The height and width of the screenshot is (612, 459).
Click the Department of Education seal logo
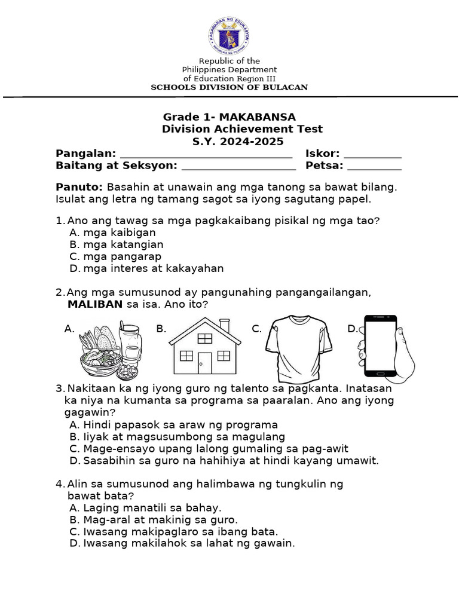(x=229, y=34)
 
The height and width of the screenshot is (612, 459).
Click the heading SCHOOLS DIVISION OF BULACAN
(x=229, y=87)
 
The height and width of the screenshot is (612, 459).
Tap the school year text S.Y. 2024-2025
(x=229, y=142)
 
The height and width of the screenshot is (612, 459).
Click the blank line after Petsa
(x=374, y=167)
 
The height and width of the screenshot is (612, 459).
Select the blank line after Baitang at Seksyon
(x=235, y=167)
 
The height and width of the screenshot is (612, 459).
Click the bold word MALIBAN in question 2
(x=95, y=304)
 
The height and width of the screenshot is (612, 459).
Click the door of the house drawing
(x=205, y=363)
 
